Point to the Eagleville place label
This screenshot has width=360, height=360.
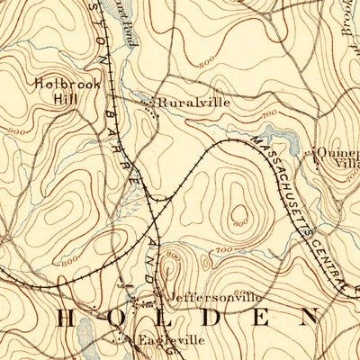[171, 340]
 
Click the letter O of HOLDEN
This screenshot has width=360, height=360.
[119, 318]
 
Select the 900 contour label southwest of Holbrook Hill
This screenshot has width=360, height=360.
[16, 131]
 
